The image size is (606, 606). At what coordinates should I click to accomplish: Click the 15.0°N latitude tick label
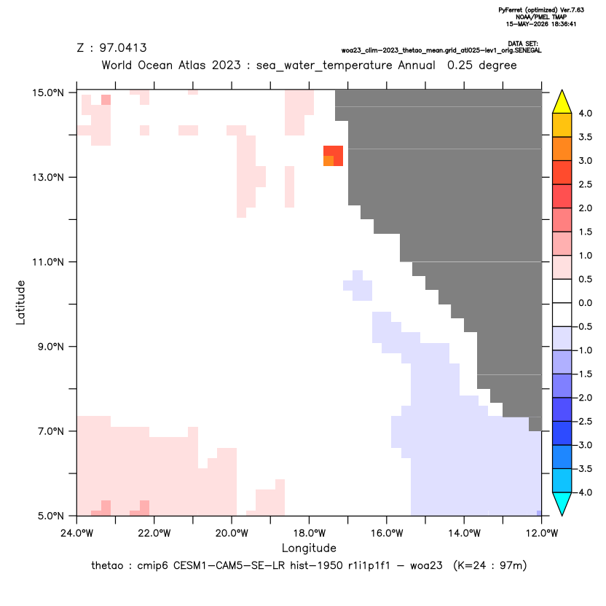[48, 93]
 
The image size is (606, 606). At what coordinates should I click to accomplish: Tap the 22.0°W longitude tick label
[154, 533]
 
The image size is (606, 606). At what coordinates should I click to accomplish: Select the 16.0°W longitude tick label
[387, 533]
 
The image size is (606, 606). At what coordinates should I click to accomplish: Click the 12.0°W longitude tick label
[542, 533]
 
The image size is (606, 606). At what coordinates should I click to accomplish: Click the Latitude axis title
[20, 302]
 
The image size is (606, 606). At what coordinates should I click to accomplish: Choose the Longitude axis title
[309, 548]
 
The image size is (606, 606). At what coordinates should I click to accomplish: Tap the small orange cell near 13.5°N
[328, 161]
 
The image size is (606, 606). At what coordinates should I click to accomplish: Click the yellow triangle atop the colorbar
[562, 102]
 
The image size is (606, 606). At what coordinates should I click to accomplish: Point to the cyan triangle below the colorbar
[562, 503]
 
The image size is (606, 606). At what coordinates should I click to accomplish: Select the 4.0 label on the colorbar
[585, 113]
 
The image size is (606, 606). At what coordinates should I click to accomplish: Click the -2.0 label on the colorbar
[583, 398]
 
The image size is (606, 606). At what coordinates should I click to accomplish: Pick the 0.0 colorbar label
[585, 303]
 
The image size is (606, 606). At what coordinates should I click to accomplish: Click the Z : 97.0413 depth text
[112, 48]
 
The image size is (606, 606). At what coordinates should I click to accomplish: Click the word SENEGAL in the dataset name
[528, 51]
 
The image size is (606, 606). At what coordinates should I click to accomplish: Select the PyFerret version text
[541, 10]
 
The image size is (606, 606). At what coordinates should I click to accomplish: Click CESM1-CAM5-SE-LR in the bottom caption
[229, 566]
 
